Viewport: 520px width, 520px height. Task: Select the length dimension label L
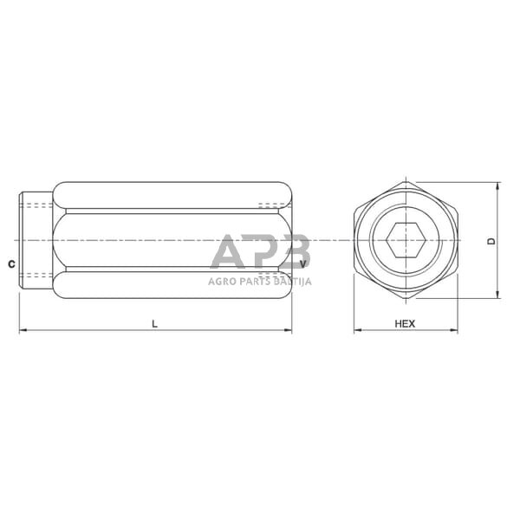(155, 323)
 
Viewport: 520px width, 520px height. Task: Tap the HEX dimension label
(405, 323)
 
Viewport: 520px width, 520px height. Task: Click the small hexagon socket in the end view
(406, 240)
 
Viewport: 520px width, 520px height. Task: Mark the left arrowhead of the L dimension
(23, 330)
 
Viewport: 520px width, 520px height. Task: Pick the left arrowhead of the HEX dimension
(357, 330)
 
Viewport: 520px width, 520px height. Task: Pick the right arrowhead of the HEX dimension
(454, 330)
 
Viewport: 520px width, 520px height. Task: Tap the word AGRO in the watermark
(222, 280)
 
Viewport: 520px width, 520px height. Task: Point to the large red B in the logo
(292, 252)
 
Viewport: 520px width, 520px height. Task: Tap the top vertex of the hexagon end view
(406, 181)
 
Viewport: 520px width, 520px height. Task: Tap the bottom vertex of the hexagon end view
(406, 299)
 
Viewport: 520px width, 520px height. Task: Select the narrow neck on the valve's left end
(36, 240)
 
